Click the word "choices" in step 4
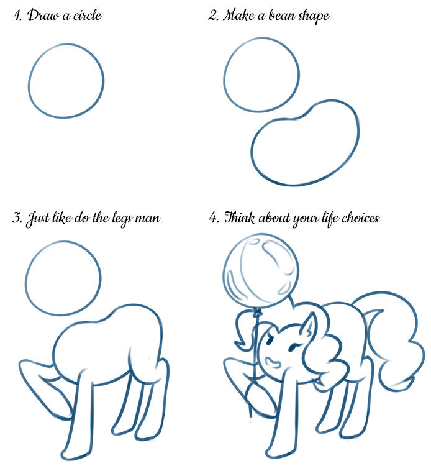tap(361, 217)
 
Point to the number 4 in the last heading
tap(213, 217)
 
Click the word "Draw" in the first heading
tap(43, 16)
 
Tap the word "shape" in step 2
tap(314, 17)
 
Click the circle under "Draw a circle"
tap(29, 81)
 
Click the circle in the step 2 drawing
tap(224, 75)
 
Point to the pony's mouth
tap(273, 362)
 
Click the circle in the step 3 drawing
tap(26, 278)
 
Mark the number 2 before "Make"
tap(213, 15)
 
